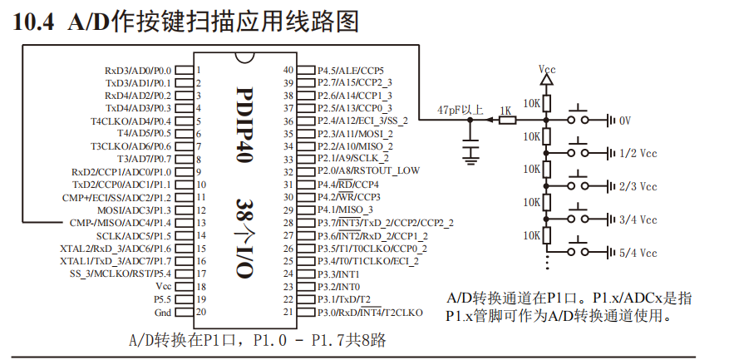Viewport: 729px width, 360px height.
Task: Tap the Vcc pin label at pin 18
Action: pos(162,285)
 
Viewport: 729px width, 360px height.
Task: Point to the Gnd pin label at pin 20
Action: pos(162,312)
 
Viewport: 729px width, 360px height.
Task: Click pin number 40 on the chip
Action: pos(288,71)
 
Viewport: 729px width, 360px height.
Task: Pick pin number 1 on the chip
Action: pos(199,71)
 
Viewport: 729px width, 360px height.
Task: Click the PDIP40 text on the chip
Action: pos(244,125)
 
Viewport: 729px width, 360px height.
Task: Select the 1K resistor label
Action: pos(505,111)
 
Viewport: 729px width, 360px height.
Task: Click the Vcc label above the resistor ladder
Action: pos(546,69)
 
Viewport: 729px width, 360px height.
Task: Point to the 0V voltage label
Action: pos(625,121)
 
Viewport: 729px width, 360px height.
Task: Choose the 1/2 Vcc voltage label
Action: pos(638,154)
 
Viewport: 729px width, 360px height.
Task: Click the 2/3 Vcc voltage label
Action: pos(638,187)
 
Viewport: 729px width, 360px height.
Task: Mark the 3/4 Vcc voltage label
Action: pos(638,219)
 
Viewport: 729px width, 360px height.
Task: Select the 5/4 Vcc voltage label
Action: pos(638,253)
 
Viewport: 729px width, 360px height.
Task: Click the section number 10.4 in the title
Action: pos(34,22)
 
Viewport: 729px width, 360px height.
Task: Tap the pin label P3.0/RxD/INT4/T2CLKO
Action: pos(370,313)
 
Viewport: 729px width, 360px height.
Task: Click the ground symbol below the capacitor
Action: pos(471,152)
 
